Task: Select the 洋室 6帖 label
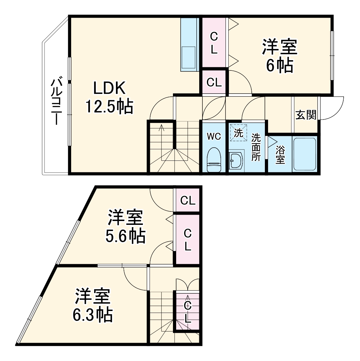pos(280,56)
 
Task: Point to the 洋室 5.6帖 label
pos(125,226)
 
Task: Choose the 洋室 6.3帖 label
pos(93,305)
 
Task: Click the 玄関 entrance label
pos(306,115)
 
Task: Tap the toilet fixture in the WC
pos(214,160)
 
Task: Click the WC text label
pos(214,136)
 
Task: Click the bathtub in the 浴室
pos(305,154)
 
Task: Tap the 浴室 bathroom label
pos(280,154)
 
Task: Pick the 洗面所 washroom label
pos(256,147)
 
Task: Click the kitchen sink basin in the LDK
pos(188,57)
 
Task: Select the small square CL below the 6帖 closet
pos(214,82)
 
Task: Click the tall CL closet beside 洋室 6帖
pos(214,43)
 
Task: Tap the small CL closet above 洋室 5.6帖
pos(187,201)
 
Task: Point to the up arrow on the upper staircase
pos(161,128)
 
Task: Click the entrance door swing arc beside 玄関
pos(333,108)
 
